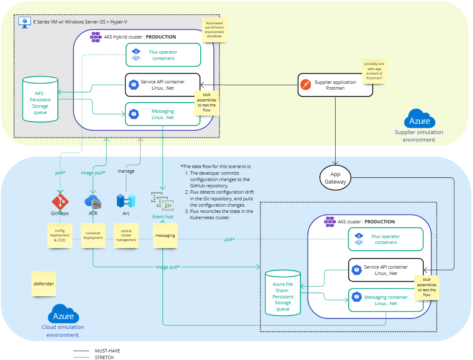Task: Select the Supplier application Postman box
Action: (335, 85)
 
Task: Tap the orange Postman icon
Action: (305, 85)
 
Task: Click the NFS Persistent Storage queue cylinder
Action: (40, 99)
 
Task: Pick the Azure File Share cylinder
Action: (283, 293)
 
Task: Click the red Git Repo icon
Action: (60, 202)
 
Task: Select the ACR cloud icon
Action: (93, 202)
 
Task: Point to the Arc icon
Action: (126, 201)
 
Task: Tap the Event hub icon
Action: (163, 201)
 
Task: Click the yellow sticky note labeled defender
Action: (44, 284)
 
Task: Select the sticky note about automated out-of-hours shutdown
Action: (214, 30)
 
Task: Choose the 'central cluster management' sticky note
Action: (126, 236)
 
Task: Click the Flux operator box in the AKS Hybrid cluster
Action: (163, 55)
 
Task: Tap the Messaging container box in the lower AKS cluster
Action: (386, 300)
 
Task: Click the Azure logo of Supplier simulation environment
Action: (419, 119)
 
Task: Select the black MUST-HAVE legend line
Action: (81, 350)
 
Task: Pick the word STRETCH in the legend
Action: (104, 357)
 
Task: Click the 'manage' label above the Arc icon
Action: (126, 171)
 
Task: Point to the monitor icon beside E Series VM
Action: (25, 22)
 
